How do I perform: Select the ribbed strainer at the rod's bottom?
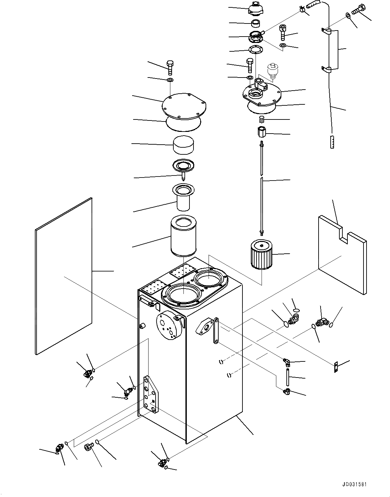click(x=262, y=255)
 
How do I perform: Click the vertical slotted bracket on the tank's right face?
click(x=216, y=331)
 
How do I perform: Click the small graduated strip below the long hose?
click(x=332, y=142)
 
